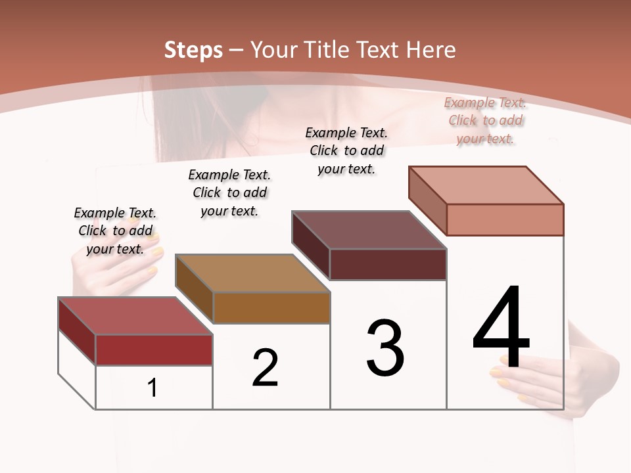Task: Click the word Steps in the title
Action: point(193,50)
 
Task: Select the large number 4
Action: point(502,328)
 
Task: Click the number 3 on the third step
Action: point(385,348)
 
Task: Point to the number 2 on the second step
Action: point(266,368)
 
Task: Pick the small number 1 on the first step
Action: point(152,388)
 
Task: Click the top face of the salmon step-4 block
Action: point(486,185)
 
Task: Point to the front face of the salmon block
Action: point(505,219)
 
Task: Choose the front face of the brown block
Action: point(271,307)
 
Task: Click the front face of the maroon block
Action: point(388,264)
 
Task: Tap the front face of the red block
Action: point(154,349)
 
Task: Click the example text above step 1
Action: point(115,231)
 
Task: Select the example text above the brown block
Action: point(229,192)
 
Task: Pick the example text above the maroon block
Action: point(346,150)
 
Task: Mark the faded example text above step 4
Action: point(486,120)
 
